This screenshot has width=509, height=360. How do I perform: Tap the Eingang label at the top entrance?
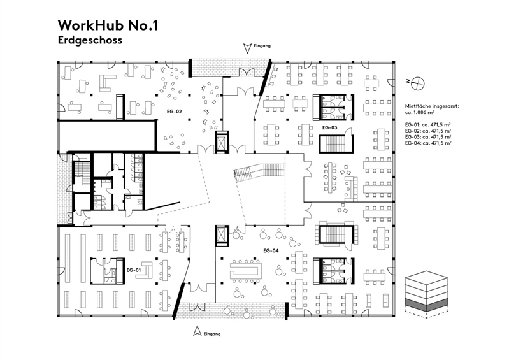pos(262,47)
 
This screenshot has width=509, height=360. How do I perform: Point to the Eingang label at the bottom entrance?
pos(213,333)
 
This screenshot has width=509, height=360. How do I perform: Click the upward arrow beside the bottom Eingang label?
pos(198,332)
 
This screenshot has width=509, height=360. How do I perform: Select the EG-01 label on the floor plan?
pos(134,270)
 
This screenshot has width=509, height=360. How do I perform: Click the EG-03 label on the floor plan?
pos(329,127)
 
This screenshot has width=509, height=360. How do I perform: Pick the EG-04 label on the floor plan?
pos(271,250)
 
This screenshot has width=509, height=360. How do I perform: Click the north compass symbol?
pos(417,82)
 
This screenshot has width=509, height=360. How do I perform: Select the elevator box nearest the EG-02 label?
pos(221,143)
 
